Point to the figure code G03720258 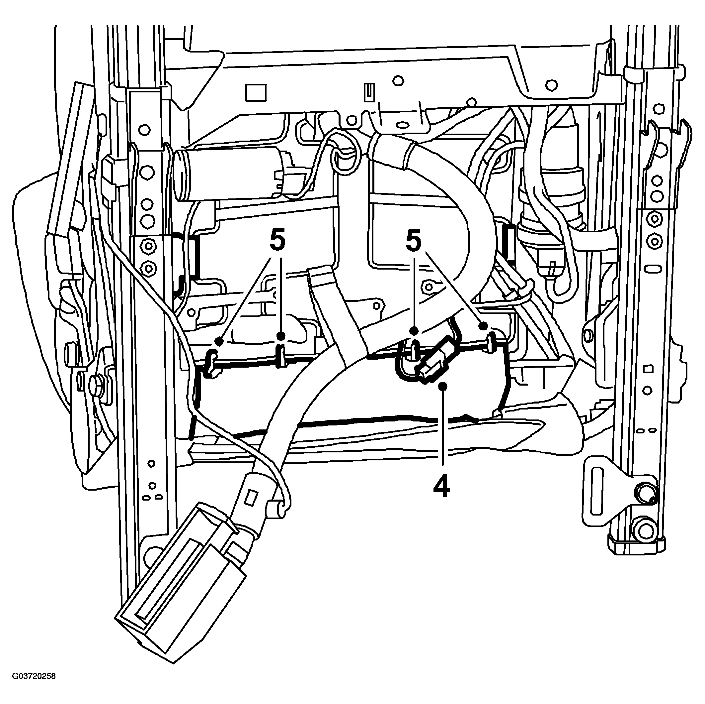(34, 686)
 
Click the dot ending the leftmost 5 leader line (219, 341)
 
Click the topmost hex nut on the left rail (145, 130)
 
